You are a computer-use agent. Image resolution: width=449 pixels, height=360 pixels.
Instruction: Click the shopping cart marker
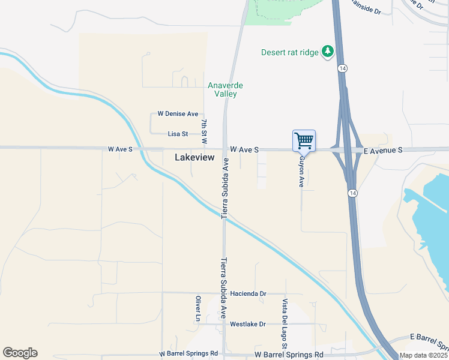304,141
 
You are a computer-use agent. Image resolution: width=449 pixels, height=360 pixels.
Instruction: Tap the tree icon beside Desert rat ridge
328,52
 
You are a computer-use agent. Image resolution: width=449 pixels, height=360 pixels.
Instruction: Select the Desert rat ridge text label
289,52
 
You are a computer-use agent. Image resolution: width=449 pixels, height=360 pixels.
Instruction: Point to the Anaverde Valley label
223,89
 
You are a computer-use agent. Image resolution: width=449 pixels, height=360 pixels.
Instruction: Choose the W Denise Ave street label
178,113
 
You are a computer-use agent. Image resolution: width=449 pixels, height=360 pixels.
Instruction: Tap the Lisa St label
178,134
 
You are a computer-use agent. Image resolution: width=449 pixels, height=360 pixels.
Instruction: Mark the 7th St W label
205,131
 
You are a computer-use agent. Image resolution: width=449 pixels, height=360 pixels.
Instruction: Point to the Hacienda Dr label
248,294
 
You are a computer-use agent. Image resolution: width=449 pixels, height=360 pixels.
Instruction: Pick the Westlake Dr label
247,324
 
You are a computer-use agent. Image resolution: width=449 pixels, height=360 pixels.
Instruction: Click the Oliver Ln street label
197,307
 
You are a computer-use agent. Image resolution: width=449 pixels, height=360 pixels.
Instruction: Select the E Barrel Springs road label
429,342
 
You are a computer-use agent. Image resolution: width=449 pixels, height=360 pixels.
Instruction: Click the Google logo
20,353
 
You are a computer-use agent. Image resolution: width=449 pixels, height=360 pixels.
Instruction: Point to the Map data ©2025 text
423,355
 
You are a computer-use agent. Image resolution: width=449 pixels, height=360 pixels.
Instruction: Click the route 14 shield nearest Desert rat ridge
341,69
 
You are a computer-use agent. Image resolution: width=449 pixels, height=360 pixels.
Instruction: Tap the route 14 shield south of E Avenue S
352,193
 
